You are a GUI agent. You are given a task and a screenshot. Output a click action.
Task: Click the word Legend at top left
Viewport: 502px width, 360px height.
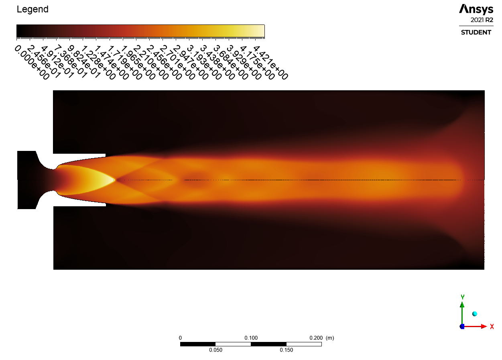33,9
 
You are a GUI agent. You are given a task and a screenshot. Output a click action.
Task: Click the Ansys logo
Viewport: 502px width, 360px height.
476,9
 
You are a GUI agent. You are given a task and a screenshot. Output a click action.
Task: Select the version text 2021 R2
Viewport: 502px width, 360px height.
482,20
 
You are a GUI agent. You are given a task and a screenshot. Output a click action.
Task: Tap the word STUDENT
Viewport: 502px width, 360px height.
476,32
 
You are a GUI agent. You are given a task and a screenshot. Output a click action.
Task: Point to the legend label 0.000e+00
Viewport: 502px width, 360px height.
32,62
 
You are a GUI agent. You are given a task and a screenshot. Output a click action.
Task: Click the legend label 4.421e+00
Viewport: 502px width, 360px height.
271,62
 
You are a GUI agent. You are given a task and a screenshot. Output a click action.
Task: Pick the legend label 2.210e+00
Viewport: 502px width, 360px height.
152,62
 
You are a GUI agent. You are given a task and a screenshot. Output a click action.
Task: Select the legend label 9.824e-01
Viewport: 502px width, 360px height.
85,62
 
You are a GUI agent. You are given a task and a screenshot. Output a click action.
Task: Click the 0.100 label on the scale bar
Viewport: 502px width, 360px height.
251,338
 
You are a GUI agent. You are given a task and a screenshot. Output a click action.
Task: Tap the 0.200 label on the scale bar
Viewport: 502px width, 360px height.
316,338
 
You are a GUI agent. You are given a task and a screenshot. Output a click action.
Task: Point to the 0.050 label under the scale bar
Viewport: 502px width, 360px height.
215,350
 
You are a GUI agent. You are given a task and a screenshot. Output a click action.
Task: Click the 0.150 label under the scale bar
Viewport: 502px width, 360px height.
286,350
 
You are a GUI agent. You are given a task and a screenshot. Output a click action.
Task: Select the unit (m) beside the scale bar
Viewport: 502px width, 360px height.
330,338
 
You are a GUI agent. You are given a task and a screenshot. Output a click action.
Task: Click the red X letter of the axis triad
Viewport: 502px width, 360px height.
492,327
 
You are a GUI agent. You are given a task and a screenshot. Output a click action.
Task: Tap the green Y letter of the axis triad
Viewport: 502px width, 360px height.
462,297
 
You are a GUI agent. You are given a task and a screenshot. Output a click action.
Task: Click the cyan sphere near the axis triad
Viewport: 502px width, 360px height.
475,314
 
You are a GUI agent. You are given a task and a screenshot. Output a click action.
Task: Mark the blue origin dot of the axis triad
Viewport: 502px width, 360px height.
462,327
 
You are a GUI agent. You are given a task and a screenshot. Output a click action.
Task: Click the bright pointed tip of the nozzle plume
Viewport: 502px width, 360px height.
114,180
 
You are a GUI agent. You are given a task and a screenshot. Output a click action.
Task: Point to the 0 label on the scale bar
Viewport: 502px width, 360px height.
180,338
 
